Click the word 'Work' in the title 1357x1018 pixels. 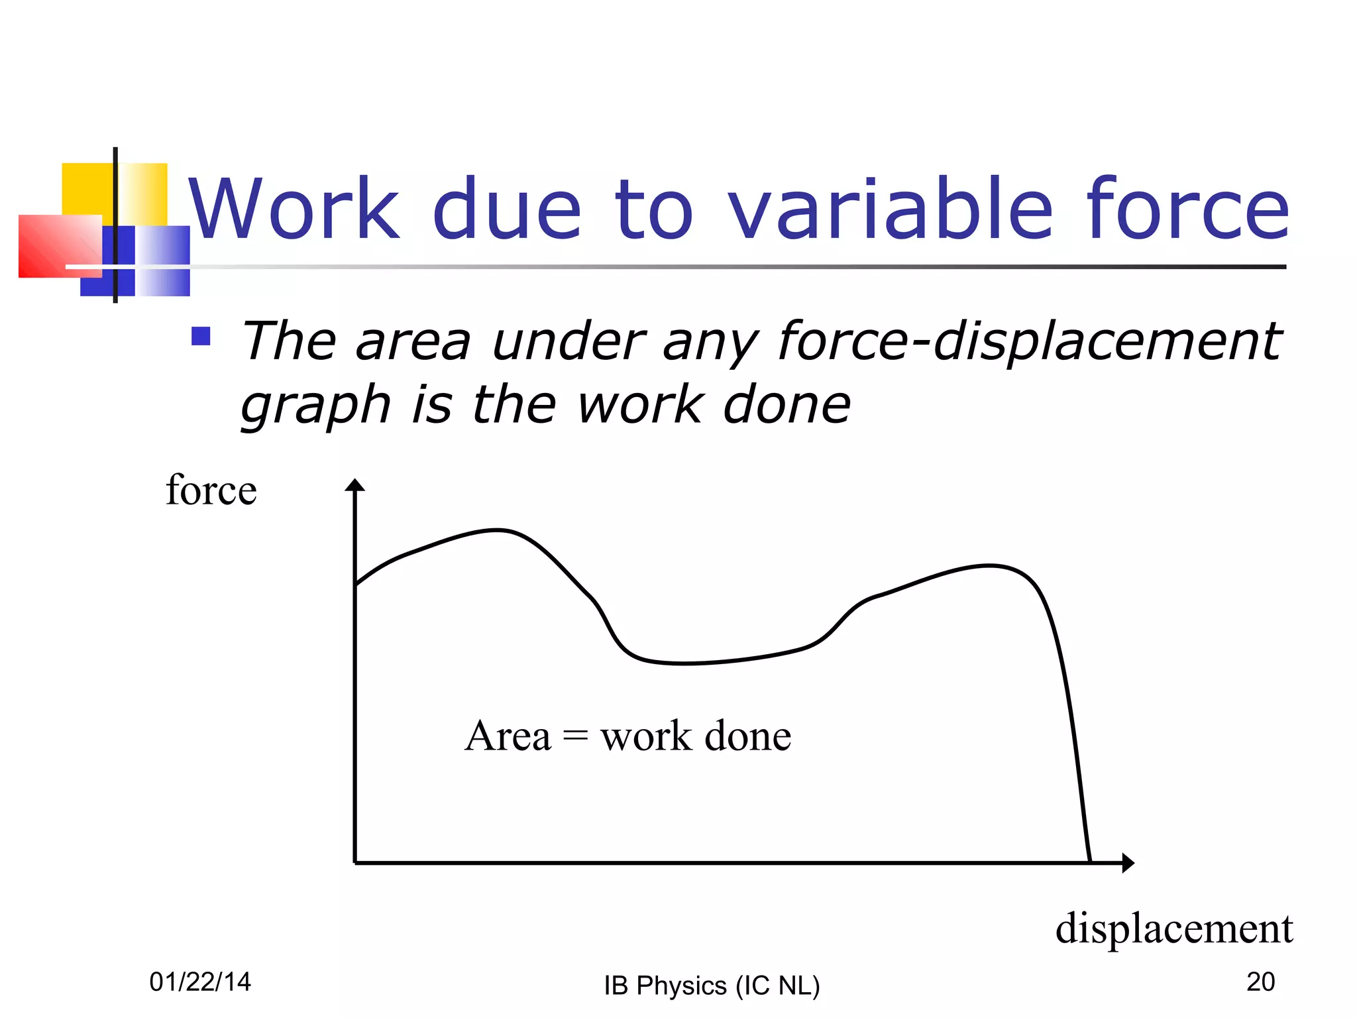(294, 209)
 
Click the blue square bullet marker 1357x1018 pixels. (201, 337)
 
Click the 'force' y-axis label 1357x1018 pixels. (211, 490)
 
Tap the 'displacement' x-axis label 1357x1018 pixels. (1173, 928)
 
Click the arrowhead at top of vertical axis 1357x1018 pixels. (355, 485)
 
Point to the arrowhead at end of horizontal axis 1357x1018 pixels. (1128, 863)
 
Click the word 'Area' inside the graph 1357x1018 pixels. (508, 736)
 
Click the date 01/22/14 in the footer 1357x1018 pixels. (200, 982)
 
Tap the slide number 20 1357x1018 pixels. (1260, 982)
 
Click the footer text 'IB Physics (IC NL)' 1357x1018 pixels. (712, 986)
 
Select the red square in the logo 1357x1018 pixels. (58, 245)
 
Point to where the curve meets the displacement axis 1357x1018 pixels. (1090, 862)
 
